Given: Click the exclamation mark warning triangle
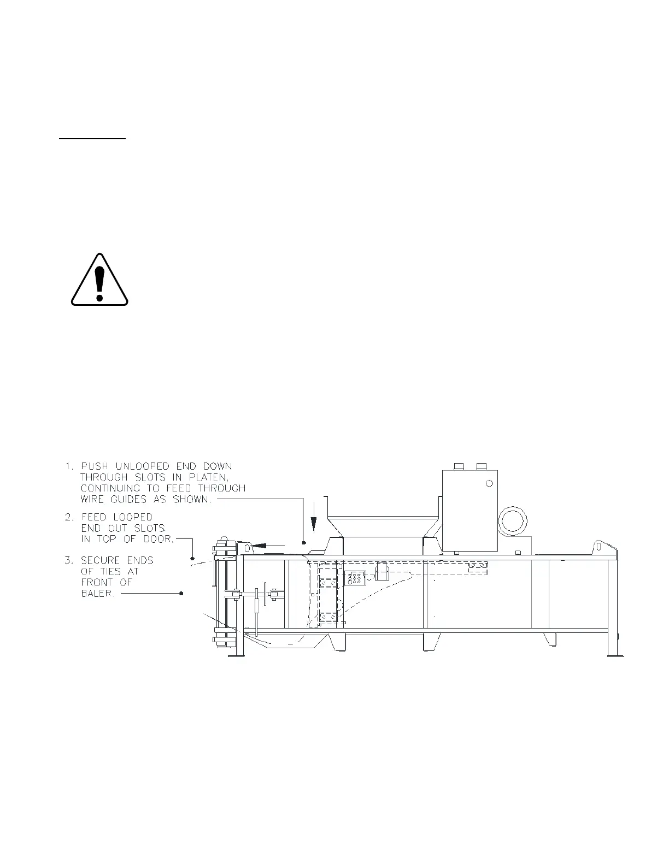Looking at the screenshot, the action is (x=99, y=280).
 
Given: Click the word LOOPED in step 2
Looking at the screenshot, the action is (x=133, y=517).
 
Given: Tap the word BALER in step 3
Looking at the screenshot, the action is (x=98, y=594).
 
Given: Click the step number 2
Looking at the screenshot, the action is (x=69, y=517).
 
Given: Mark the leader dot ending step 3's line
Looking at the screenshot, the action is (x=181, y=593).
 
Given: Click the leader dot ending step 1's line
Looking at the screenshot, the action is (x=304, y=543).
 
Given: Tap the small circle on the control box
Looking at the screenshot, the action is (x=489, y=483).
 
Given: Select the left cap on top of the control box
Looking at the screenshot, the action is (x=459, y=466).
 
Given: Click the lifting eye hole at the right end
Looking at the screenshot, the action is (x=598, y=546).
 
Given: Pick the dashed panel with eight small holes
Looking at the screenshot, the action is (x=355, y=578).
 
